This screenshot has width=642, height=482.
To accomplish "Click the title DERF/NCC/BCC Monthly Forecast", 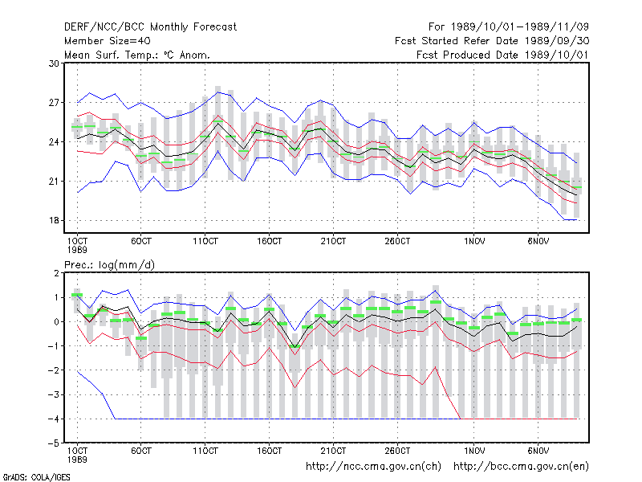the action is pyautogui.click(x=150, y=27).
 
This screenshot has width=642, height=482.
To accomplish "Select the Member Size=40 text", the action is pyautogui.click(x=108, y=41).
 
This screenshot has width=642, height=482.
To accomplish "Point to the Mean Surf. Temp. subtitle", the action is pyautogui.click(x=136, y=55).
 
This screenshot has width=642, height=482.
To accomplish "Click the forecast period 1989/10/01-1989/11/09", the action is pyautogui.click(x=509, y=27).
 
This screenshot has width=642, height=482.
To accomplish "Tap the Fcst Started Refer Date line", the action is pyautogui.click(x=492, y=41).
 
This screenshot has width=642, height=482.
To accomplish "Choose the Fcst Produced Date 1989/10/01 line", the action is pyautogui.click(x=502, y=55).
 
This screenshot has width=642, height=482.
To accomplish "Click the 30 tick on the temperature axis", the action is pyautogui.click(x=54, y=63).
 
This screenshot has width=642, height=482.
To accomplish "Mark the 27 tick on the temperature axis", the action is pyautogui.click(x=54, y=103).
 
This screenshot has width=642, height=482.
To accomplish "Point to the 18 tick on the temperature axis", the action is pyautogui.click(x=54, y=220).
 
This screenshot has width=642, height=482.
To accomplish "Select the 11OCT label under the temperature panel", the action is pyautogui.click(x=205, y=242).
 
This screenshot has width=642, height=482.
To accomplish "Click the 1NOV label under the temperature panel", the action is pyautogui.click(x=474, y=242).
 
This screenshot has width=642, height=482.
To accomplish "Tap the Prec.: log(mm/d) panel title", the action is pyautogui.click(x=109, y=265).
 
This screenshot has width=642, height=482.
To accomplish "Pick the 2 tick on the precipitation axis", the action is pyautogui.click(x=56, y=273).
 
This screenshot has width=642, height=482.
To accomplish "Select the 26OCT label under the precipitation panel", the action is pyautogui.click(x=397, y=451).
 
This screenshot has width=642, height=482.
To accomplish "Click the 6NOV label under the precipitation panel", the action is pyautogui.click(x=538, y=451).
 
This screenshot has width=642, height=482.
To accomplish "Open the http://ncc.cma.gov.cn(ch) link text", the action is pyautogui.click(x=373, y=467).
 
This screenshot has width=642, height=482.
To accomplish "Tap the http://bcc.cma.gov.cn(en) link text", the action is pyautogui.click(x=521, y=467).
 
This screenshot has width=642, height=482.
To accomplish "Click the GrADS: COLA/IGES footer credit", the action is pyautogui.click(x=36, y=477).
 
